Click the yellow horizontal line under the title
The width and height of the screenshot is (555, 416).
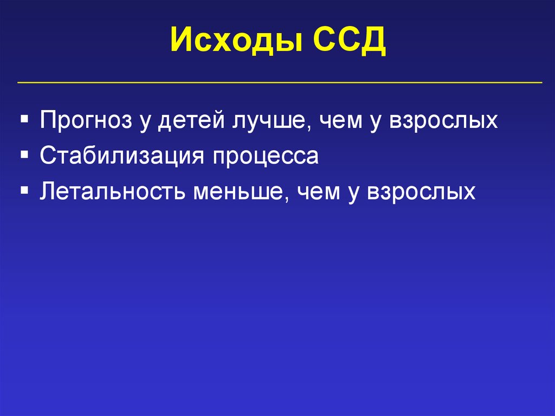pyautogui.click(x=280, y=83)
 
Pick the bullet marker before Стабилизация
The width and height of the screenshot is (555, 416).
pyautogui.click(x=25, y=155)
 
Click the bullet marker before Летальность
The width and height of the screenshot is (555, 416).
pyautogui.click(x=25, y=191)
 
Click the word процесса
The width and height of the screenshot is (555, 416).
pyautogui.click(x=265, y=156)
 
